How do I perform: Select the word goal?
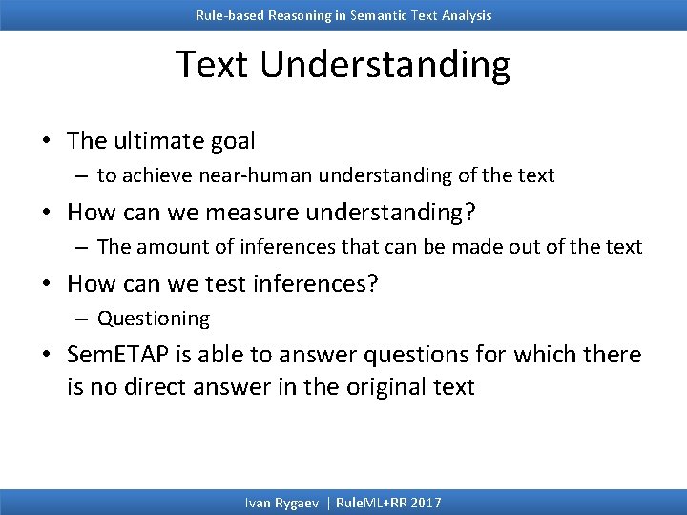(232, 141)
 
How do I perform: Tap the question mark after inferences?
(372, 283)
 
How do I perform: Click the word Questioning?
(154, 319)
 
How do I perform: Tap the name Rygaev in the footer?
(296, 503)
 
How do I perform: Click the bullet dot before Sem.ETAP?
(46, 356)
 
